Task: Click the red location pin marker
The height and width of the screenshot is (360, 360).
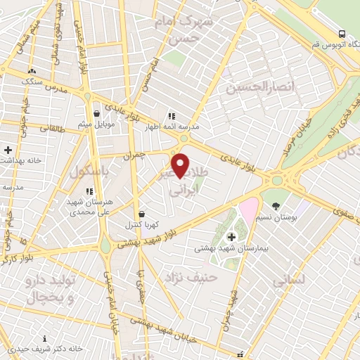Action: click(x=181, y=165)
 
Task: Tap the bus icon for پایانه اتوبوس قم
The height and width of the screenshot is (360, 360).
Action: click(x=342, y=34)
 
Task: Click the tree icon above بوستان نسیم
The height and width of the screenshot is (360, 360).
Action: click(x=276, y=207)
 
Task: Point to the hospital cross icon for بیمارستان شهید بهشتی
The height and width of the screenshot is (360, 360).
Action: click(x=232, y=237)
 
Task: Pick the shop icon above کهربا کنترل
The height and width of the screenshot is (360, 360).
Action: click(x=143, y=213)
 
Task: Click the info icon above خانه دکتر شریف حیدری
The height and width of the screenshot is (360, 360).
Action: click(x=46, y=338)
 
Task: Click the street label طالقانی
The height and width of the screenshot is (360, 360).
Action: click(x=52, y=129)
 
